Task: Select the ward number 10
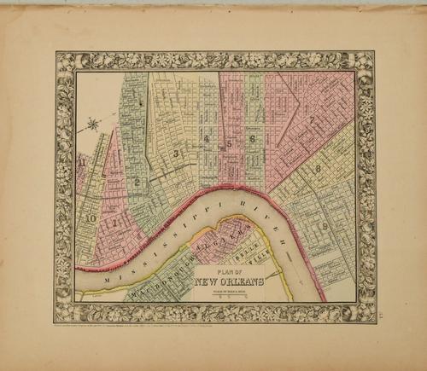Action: (90, 218)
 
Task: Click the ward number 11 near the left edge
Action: (80, 159)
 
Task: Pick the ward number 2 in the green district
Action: (136, 181)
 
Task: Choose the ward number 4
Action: (208, 140)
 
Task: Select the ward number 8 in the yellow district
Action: (317, 168)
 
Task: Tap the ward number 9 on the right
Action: (325, 225)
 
